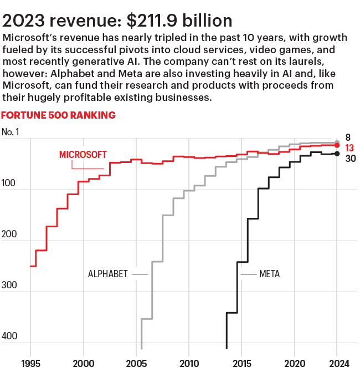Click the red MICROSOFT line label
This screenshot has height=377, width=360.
[x=83, y=154]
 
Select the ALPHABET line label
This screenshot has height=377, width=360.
[x=108, y=274]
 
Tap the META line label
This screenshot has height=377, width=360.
[x=270, y=274]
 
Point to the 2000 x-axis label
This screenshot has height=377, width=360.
[x=84, y=364]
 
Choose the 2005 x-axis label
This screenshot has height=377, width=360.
[x=136, y=364]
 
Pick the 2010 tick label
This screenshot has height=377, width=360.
[x=189, y=364]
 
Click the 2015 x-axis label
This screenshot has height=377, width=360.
[x=241, y=364]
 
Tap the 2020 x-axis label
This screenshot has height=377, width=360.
[x=294, y=364]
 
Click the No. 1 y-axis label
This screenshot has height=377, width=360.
[x=12, y=132]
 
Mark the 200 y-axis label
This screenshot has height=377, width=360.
[x=10, y=235]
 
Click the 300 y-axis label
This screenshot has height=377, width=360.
[x=10, y=285]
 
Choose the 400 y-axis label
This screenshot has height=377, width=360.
[x=10, y=336]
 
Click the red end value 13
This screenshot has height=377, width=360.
[x=349, y=148]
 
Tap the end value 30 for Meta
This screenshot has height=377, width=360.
[x=350, y=159]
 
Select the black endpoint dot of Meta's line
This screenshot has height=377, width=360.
[x=337, y=154]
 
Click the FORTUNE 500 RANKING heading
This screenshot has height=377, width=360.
[x=59, y=115]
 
